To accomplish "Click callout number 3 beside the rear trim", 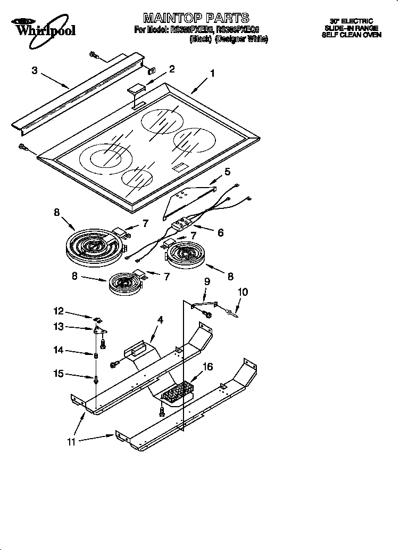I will [34, 70].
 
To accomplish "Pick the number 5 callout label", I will [227, 172].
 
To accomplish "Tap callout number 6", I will [220, 232].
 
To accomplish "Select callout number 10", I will [242, 292].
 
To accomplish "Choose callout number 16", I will [208, 367].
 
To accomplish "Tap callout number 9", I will [207, 281].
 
